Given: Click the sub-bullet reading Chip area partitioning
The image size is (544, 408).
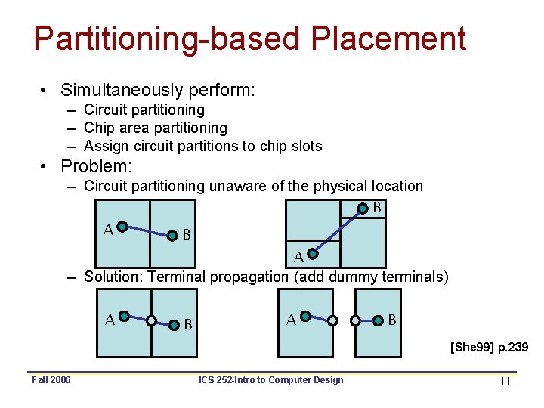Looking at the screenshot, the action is coord(155,128).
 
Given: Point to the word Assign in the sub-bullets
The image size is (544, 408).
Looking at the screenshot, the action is coord(105,146).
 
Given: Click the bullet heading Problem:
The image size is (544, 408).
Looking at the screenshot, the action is coord(96,165).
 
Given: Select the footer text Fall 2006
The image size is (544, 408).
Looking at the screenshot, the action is coord(51,379).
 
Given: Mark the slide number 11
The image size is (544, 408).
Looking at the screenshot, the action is coord(505,381).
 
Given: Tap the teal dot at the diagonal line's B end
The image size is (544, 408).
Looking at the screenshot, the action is coord(363,208).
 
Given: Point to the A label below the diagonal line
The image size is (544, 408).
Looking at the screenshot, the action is coord(299,257).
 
